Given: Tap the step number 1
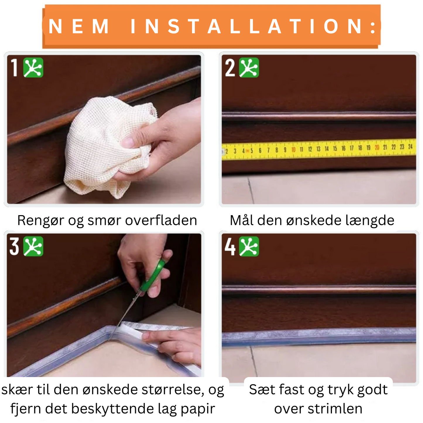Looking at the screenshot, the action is [14, 68].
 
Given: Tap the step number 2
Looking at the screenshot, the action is [230, 68].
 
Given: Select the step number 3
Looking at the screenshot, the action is [14, 246].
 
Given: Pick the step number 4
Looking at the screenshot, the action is [230, 246].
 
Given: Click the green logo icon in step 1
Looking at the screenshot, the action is [33, 68].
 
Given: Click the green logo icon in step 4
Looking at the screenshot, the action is [249, 246].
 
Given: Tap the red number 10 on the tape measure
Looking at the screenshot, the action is [293, 150].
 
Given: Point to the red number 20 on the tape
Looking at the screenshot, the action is [377, 147].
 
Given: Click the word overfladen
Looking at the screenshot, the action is [161, 220].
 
